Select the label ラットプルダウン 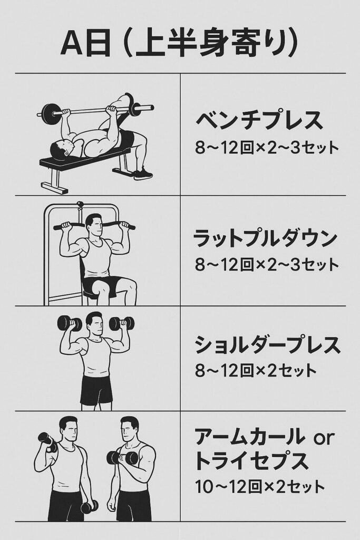(265, 238)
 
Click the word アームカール (248, 437)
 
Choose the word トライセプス (251, 461)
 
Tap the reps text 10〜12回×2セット (260, 487)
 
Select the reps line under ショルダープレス (255, 371)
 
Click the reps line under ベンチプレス (267, 148)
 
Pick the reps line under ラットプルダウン (267, 265)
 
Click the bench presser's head (62, 150)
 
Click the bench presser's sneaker (143, 173)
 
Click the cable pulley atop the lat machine (80, 205)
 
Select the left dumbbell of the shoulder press (69, 324)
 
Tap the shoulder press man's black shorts (96, 390)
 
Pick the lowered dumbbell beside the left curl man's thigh (89, 507)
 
